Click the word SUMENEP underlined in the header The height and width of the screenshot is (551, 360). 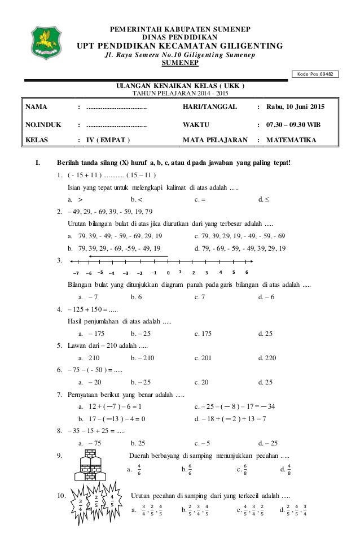(x=181, y=64)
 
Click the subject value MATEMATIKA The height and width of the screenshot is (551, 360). (x=292, y=140)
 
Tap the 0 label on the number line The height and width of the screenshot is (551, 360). (x=168, y=272)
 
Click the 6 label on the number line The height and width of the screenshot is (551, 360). (x=247, y=272)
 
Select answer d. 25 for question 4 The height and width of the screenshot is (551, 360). (x=265, y=334)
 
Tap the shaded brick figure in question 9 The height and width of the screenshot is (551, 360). (x=89, y=467)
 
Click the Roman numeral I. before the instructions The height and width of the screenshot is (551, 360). (x=38, y=164)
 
